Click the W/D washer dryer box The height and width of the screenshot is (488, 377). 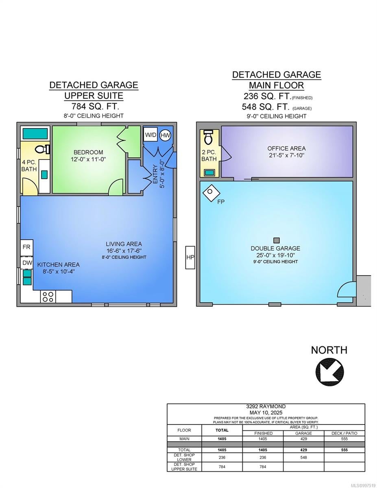[150, 135]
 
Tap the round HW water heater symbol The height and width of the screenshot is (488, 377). [165, 135]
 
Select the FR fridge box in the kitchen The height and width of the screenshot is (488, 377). [27, 247]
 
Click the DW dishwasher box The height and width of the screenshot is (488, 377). [27, 263]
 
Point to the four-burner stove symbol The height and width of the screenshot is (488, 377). [48, 296]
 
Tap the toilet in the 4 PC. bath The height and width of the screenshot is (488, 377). [43, 149]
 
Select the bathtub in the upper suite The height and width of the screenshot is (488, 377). [35, 134]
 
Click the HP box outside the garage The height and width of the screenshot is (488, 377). [190, 257]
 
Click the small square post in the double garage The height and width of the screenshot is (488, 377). [277, 240]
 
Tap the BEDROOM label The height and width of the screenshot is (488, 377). [88, 152]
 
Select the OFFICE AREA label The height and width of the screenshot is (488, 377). [286, 148]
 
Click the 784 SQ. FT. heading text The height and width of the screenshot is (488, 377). [95, 106]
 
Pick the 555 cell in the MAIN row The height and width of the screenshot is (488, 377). [344, 439]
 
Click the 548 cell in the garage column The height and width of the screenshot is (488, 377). [303, 457]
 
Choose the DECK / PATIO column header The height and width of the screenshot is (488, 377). [344, 433]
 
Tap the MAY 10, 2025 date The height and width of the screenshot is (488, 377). [266, 412]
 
